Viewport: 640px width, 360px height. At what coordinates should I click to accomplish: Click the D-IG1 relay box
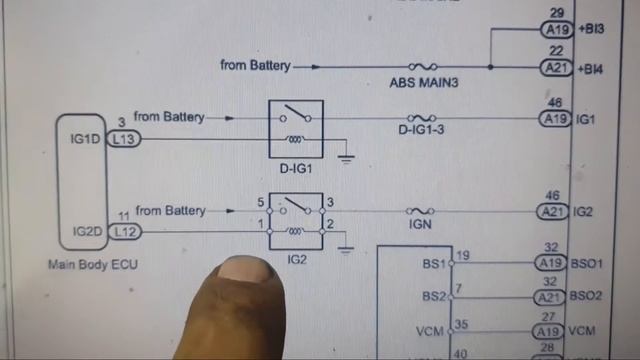(295, 129)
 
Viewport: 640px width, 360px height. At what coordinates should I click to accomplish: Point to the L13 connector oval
(124, 139)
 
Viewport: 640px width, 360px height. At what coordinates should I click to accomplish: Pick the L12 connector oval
(124, 231)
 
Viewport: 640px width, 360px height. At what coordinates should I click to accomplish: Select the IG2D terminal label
(87, 231)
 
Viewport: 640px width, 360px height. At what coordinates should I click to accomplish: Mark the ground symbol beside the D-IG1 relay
(346, 155)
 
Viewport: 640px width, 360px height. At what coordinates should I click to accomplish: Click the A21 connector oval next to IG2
(553, 211)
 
